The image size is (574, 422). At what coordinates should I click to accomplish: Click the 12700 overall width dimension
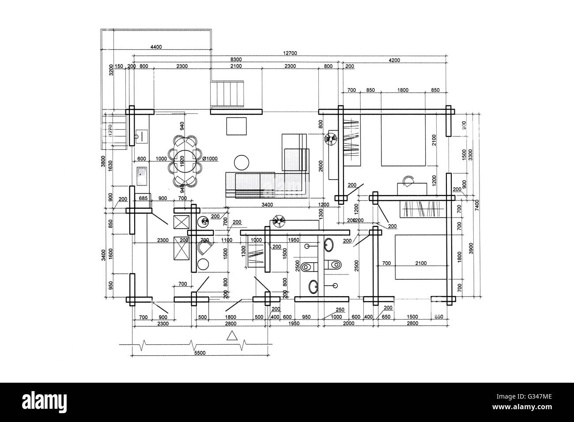291,53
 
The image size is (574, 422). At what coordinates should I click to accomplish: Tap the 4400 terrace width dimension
156,46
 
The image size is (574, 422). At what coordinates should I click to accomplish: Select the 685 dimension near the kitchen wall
143,199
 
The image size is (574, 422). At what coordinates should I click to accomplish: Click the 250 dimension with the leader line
340,310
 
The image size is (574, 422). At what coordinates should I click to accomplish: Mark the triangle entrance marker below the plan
231,336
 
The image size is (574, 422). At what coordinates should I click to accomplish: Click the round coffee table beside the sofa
242,162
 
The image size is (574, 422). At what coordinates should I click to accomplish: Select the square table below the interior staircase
237,126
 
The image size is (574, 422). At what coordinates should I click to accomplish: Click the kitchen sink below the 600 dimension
142,176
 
